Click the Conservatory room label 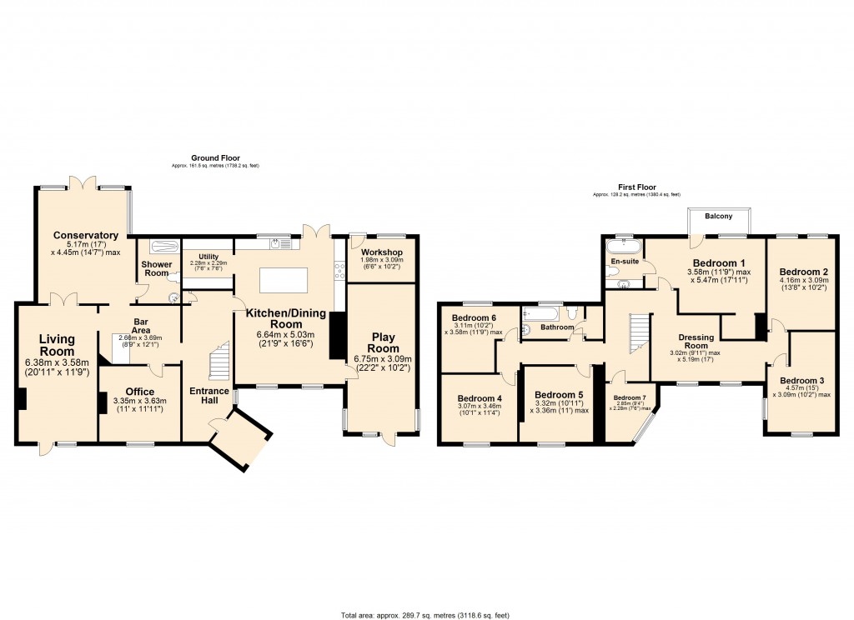(x=83, y=235)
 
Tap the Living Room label (x=57, y=345)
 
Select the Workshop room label (x=382, y=252)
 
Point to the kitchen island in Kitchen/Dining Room (x=284, y=281)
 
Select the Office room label (x=139, y=392)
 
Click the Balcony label (x=718, y=217)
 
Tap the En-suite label (x=624, y=262)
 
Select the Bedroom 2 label (x=803, y=272)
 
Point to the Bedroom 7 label (x=630, y=397)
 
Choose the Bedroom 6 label (x=474, y=317)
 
